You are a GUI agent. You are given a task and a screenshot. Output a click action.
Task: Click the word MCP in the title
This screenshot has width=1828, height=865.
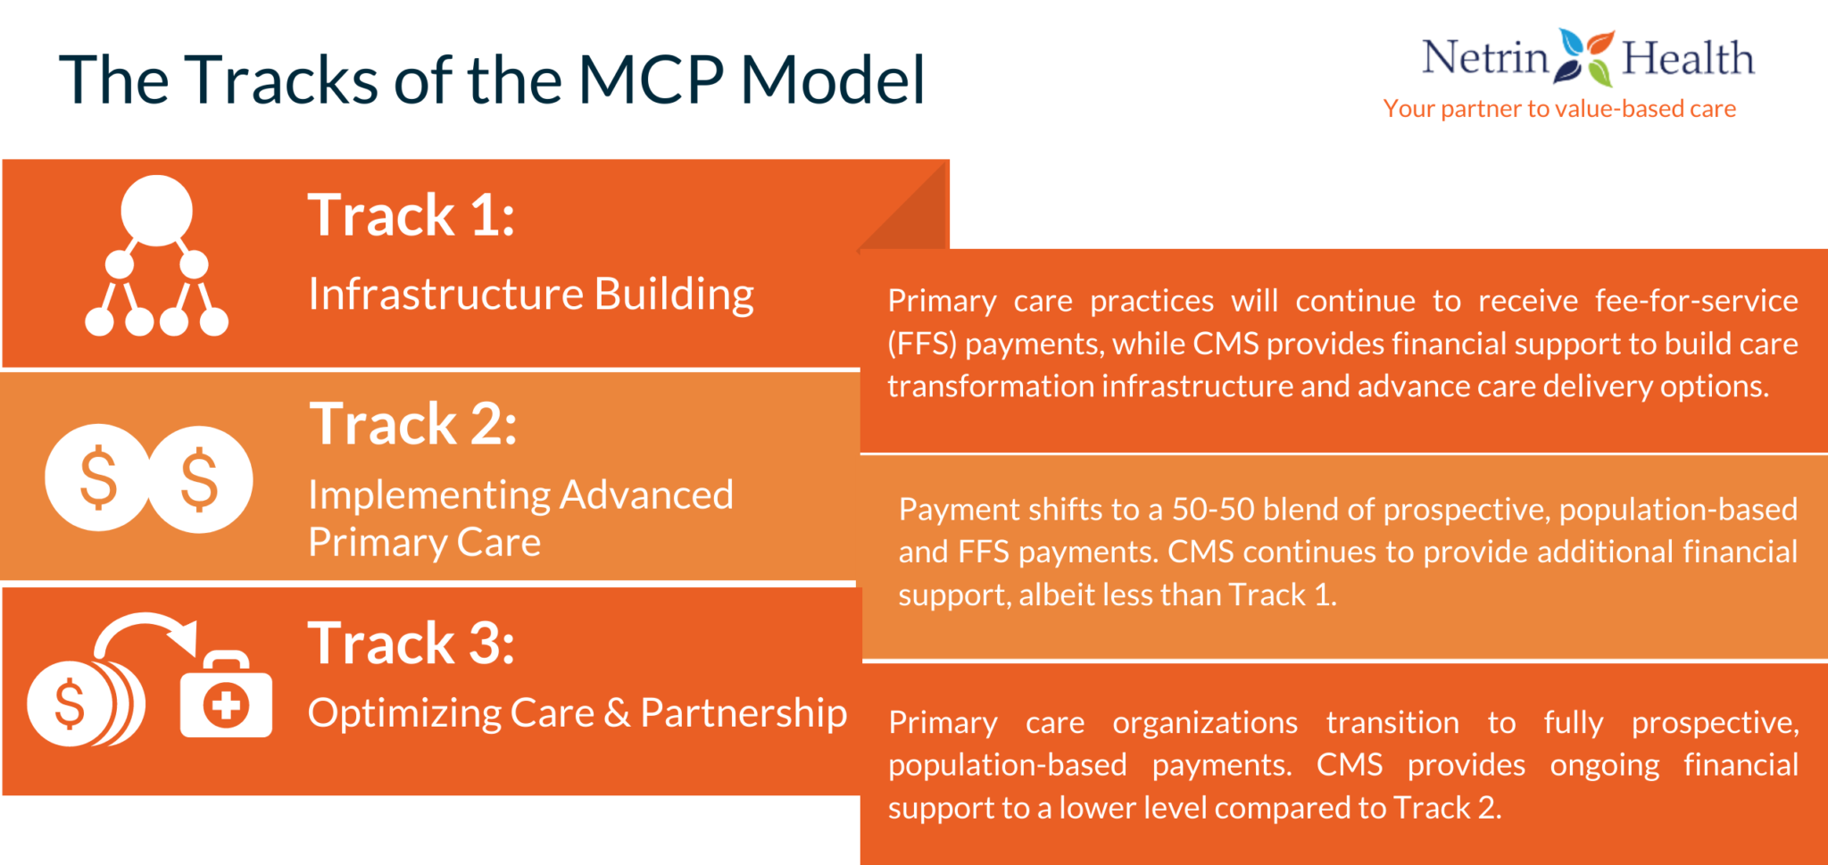pos(650,80)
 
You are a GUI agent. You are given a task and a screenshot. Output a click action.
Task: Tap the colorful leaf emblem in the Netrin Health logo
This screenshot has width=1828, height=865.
pos(1585,57)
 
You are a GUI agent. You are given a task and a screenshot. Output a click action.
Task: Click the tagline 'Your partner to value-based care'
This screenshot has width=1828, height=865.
pos(1558,109)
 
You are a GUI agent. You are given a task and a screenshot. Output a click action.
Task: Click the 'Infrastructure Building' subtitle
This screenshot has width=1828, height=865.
pos(530,295)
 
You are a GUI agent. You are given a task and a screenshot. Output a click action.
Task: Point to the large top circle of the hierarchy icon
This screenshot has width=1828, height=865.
pos(156,211)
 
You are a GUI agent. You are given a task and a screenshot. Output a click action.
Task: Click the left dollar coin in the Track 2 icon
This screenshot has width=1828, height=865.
pos(97,478)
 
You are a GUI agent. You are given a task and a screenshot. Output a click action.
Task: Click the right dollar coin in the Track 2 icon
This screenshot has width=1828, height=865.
pos(200,479)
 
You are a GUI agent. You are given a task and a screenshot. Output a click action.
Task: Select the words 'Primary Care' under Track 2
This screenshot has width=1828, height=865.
pos(424,543)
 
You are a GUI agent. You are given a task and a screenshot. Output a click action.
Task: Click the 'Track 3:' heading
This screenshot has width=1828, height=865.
pos(411,643)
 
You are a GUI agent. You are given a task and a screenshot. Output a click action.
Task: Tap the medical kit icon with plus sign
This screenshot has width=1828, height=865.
pos(226,698)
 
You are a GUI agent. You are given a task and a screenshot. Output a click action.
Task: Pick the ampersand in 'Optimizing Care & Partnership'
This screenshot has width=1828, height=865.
pos(617,713)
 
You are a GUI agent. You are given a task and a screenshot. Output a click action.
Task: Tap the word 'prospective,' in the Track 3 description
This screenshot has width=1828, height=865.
pos(1715,722)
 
